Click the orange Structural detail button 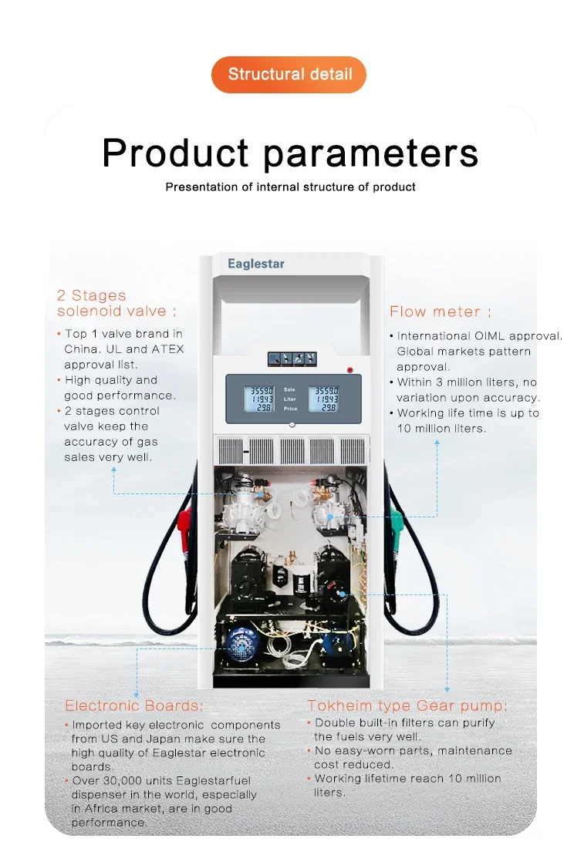pos(289,75)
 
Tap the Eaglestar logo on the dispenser pos(256,264)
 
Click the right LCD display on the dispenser pos(326,399)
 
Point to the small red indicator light pos(350,370)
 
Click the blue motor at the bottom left pos(242,645)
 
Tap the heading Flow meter pos(441,312)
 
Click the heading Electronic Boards pos(133,706)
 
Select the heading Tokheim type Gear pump pos(407,706)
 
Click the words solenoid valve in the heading pos(111,311)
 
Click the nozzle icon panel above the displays pos(292,359)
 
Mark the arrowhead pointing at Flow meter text pos(437,443)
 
